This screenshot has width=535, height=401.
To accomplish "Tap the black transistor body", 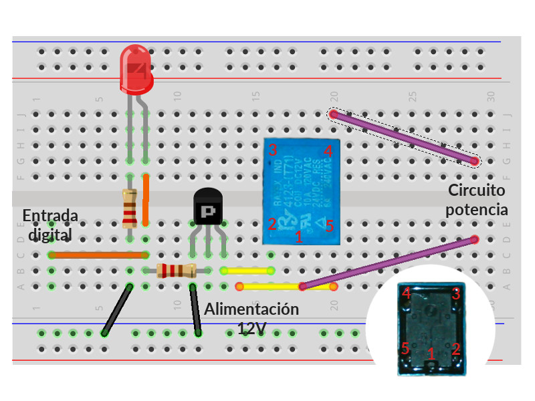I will pyautogui.click(x=207, y=208).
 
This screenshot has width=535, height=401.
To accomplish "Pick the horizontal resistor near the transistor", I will pyautogui.click(x=175, y=271).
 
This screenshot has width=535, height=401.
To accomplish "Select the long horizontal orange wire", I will pyautogui.click(x=98, y=255).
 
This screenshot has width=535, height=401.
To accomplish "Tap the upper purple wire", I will pyautogui.click(x=403, y=138).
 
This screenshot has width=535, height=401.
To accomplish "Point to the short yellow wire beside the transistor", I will pyautogui.click(x=247, y=271).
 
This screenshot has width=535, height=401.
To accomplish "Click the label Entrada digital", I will pyautogui.click(x=50, y=225).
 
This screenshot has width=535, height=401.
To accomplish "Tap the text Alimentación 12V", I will pyautogui.click(x=251, y=319).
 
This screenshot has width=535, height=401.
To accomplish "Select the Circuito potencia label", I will pyautogui.click(x=476, y=200).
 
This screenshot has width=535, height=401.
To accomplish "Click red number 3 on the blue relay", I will pyautogui.click(x=273, y=149).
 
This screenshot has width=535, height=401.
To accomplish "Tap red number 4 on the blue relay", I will pyautogui.click(x=328, y=151).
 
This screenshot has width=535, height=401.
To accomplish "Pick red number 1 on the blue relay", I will pyautogui.click(x=299, y=237).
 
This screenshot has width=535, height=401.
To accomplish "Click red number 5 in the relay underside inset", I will pyautogui.click(x=405, y=348).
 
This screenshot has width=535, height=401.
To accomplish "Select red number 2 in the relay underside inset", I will pyautogui.click(x=456, y=348).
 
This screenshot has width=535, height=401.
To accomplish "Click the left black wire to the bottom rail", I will pyautogui.click(x=116, y=309).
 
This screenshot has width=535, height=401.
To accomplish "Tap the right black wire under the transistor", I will pyautogui.click(x=196, y=309).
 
